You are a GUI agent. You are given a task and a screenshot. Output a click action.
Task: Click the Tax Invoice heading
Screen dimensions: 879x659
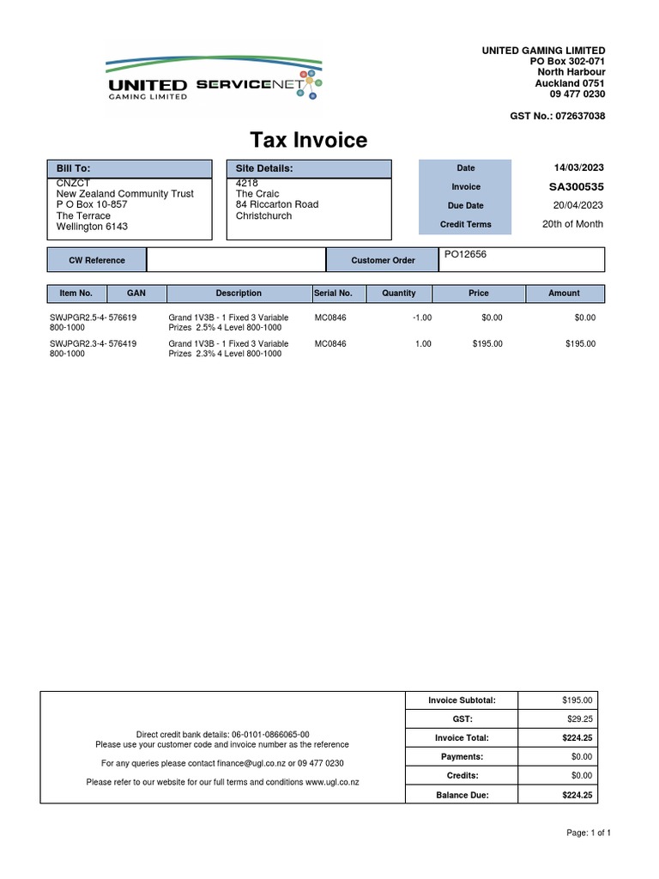(x=308, y=140)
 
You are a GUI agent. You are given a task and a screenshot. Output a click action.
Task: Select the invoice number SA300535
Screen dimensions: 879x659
(x=576, y=186)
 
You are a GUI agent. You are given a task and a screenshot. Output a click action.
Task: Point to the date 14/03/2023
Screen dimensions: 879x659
(x=578, y=167)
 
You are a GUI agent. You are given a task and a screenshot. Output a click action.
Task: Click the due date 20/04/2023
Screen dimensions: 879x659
(x=578, y=205)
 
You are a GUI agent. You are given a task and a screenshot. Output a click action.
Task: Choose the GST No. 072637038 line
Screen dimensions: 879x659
(x=557, y=116)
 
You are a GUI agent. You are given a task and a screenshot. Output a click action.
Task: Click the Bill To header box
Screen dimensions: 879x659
(x=129, y=169)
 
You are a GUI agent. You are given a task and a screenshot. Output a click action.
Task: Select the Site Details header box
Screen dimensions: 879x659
(x=308, y=169)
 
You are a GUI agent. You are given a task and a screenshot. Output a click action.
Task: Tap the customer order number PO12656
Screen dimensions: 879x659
(x=463, y=255)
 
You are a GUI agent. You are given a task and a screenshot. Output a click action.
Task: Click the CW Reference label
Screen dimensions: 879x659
(x=97, y=260)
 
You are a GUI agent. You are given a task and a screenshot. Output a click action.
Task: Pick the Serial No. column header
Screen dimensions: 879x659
(x=333, y=293)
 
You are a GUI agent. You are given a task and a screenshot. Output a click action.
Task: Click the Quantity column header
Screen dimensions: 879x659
(x=398, y=293)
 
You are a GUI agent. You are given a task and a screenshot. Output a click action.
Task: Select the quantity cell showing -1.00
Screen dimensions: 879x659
(x=421, y=318)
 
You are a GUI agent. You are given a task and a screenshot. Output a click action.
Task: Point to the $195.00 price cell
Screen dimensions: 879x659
(x=487, y=343)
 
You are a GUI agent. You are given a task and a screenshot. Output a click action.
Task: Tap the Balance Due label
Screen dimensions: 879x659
(x=463, y=795)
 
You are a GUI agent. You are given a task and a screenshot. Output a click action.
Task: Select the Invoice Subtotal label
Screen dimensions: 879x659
(x=463, y=700)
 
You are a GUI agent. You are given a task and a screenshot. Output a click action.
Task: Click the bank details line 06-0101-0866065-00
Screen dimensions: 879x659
(x=222, y=735)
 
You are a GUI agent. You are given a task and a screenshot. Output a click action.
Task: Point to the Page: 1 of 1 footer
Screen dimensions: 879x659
(x=589, y=833)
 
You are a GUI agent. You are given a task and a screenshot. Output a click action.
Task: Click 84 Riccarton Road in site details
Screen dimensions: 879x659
(x=276, y=204)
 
